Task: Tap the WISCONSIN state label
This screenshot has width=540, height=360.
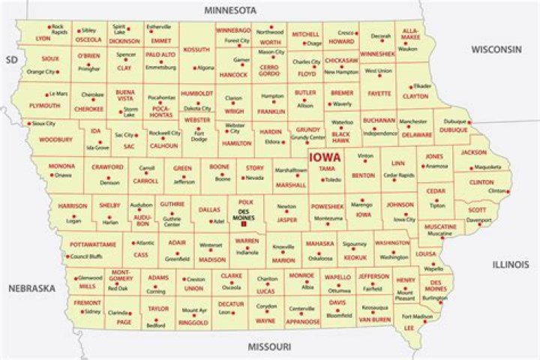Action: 496,49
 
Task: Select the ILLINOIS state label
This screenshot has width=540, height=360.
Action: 511,264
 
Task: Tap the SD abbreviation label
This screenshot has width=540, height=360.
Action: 10,59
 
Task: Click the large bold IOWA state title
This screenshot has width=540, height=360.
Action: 325,157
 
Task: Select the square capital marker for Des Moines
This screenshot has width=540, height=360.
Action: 244,223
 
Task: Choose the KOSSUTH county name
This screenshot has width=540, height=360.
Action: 196,50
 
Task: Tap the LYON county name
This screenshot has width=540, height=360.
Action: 43,37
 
